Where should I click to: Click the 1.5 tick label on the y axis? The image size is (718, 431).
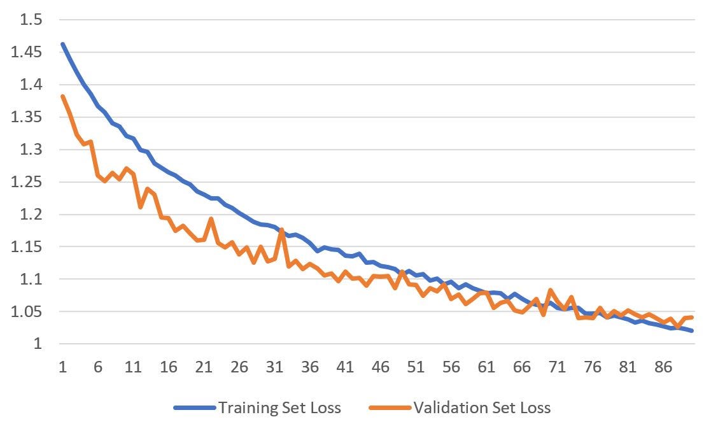click(31, 20)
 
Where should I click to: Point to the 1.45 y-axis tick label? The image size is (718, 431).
click(27, 52)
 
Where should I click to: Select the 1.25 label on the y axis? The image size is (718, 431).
click(27, 182)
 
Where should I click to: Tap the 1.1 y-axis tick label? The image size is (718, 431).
click(31, 279)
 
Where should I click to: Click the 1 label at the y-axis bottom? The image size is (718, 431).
click(37, 344)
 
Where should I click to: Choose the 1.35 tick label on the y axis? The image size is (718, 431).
click(27, 117)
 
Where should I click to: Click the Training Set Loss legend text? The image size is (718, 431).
click(279, 407)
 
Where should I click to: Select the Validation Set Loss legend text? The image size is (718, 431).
click(482, 407)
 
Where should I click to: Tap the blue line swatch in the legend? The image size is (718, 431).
click(194, 408)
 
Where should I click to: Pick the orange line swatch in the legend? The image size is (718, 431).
click(390, 408)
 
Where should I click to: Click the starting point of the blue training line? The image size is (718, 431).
click(62, 44)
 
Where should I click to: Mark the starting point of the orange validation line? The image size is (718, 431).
click(62, 96)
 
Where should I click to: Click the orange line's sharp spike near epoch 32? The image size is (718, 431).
click(281, 230)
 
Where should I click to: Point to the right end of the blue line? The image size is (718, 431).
click(692, 330)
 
